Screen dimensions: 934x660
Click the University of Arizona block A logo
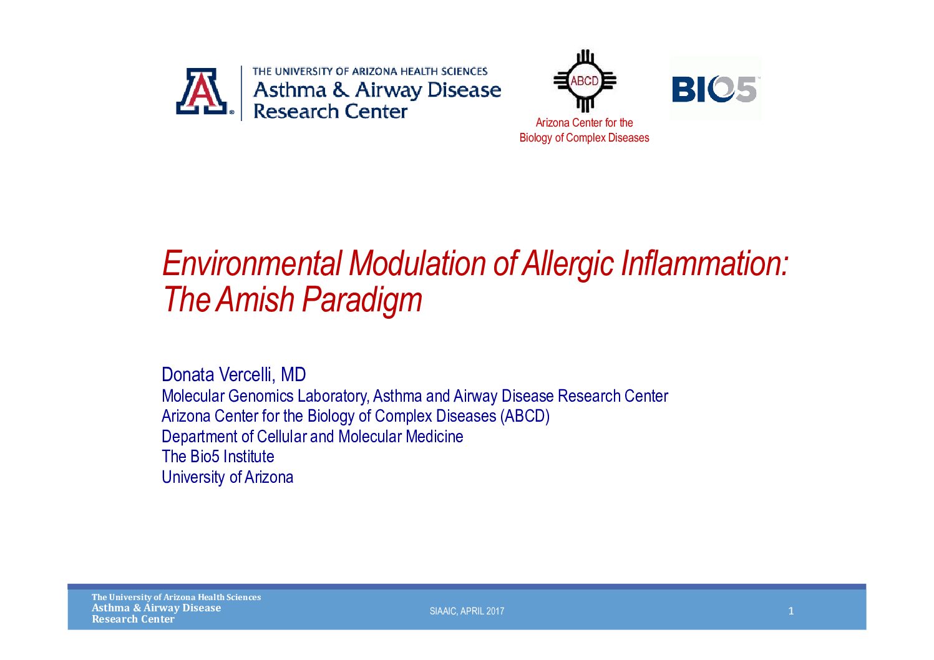[x=202, y=91]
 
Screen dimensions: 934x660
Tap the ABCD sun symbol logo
[x=585, y=81]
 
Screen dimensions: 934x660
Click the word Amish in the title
[x=255, y=299]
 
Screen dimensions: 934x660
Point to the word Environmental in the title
[x=252, y=263]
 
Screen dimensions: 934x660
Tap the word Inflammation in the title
[x=701, y=263]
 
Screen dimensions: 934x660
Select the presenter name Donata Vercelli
[x=216, y=374]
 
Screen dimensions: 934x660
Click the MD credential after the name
[x=293, y=374]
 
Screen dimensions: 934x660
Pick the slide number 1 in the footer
[x=790, y=611]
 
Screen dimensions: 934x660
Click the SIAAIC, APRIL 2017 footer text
[x=467, y=611]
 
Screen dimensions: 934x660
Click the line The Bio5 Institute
[x=218, y=457]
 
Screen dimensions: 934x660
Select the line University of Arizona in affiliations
[x=227, y=477]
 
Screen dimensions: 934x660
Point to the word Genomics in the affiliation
[x=261, y=396]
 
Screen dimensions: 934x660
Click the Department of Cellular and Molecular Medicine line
[x=313, y=437]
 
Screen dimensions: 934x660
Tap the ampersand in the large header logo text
[x=340, y=90]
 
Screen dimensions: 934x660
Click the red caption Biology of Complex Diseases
[x=584, y=138]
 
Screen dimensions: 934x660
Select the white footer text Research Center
[x=133, y=619]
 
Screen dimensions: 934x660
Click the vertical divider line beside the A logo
[x=241, y=93]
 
